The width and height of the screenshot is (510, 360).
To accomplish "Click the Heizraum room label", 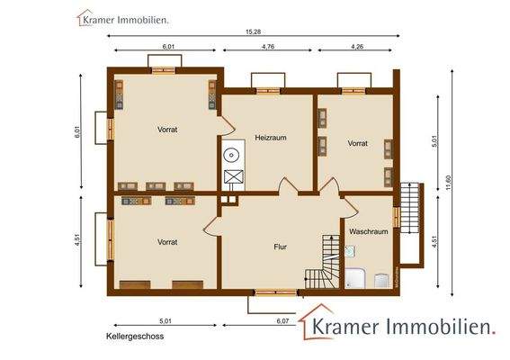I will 269,138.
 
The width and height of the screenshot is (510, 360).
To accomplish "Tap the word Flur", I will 280,245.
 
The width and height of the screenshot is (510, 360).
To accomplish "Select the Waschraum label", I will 367,230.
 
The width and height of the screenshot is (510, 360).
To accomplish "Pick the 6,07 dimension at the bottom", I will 282,320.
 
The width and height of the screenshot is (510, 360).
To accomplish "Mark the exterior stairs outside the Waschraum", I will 411,220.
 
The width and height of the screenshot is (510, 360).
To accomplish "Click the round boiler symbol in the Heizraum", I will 232,154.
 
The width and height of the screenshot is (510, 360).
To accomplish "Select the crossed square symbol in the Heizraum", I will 232,176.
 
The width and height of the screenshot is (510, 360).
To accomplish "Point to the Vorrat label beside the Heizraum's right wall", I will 358,143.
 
